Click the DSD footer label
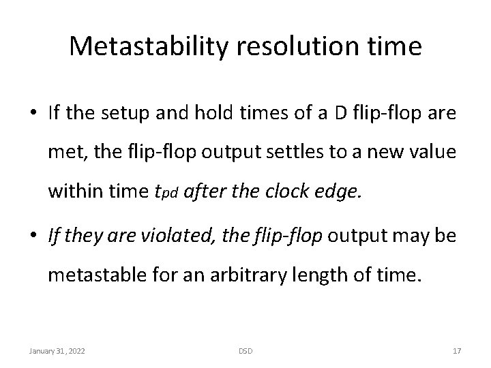pyautogui.click(x=245, y=350)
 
